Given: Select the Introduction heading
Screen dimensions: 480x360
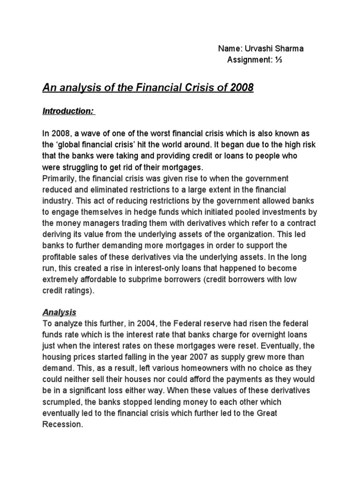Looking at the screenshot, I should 68,111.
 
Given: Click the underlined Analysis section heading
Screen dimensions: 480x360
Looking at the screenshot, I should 60,312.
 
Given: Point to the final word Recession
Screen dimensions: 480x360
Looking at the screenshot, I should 63,425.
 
